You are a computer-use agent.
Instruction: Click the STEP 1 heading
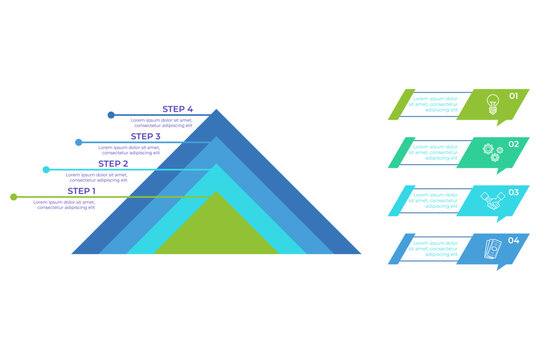[82, 190]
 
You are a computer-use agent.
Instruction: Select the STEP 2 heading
[113, 163]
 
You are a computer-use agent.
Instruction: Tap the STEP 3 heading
[145, 137]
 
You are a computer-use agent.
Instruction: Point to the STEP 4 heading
[177, 109]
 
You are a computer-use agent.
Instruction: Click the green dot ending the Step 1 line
[13, 197]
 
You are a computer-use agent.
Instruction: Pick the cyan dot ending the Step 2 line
[45, 170]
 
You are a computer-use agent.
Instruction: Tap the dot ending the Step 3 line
[78, 143]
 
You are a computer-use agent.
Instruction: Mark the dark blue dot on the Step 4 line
[110, 116]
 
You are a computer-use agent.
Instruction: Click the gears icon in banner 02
[491, 150]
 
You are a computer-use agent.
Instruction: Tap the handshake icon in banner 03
[491, 198]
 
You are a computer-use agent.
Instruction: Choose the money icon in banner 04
[491, 247]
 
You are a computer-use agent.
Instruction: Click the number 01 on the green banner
[514, 96]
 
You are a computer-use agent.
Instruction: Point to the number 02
[514, 144]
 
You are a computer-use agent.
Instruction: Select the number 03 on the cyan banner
[514, 192]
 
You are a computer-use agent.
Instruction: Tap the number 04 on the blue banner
[514, 240]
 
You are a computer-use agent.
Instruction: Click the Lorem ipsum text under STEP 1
[65, 204]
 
